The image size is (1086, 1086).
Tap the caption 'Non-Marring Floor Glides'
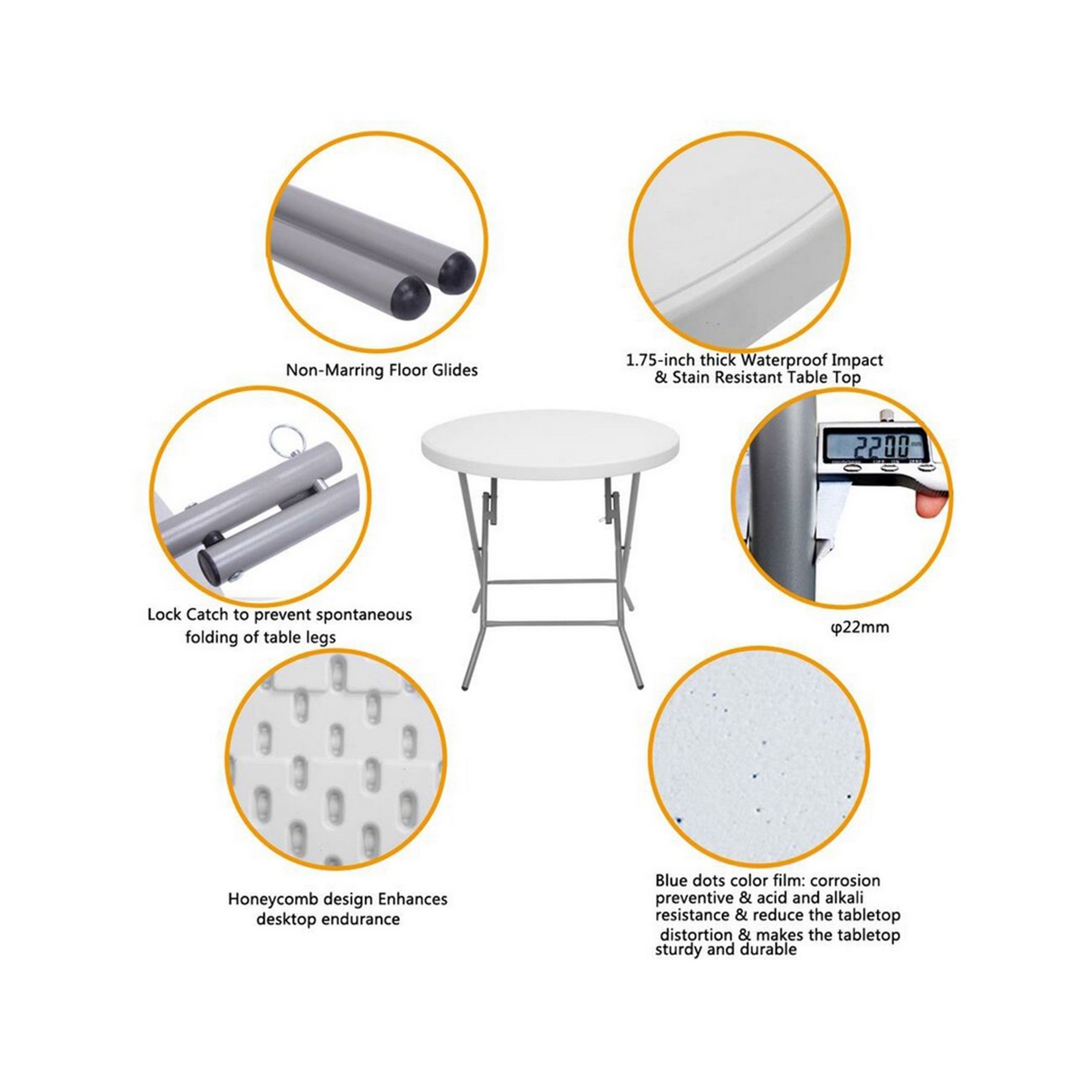coord(381,369)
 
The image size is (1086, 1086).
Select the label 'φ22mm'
coord(859,626)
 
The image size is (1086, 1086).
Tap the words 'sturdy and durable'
coord(726,950)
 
